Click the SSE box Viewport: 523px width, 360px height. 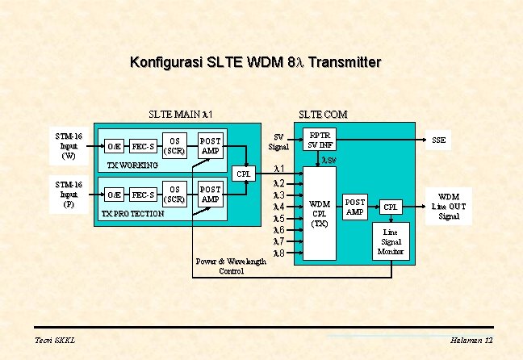point(439,140)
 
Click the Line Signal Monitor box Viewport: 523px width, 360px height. point(391,241)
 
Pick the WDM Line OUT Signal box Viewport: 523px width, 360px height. point(448,206)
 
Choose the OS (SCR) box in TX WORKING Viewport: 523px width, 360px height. point(175,145)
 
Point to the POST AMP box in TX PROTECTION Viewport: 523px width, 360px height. point(210,194)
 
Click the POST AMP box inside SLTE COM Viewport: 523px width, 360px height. point(355,207)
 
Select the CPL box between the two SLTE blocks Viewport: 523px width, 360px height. point(244,174)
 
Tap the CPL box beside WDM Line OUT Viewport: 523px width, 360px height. point(391,207)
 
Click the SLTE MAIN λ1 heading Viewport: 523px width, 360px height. point(180,115)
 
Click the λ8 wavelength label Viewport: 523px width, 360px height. point(279,253)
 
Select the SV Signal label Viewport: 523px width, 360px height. point(279,142)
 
